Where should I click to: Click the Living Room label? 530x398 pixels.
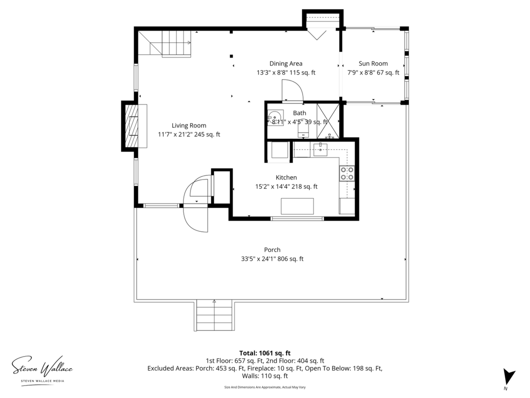pos(189,126)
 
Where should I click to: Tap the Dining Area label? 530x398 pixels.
pos(286,63)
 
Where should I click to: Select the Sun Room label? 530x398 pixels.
pos(373,63)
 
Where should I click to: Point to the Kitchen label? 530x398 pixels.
pos(286,177)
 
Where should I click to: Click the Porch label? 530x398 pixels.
pos(272,250)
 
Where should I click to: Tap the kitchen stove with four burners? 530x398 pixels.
pos(347,174)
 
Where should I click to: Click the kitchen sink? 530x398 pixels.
pos(320,150)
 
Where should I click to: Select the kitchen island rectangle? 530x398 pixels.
pos(297,206)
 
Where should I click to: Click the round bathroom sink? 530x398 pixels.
pos(275,118)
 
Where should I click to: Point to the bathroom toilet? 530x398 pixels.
pos(303,131)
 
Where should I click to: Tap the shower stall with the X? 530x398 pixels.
pos(328,121)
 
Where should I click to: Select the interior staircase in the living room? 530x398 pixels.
pos(165,44)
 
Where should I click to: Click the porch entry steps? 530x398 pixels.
pos(214,316)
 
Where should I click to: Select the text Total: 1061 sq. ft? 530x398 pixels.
pos(265,353)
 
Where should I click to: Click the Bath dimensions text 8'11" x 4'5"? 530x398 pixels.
pos(288,122)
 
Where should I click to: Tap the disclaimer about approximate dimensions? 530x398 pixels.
pos(265,387)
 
